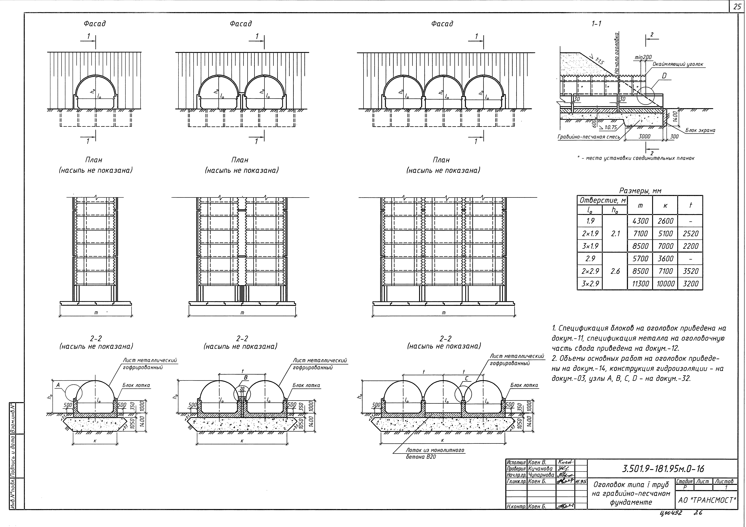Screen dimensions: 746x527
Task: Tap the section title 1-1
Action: (596, 24)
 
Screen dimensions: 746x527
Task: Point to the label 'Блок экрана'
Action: (700, 130)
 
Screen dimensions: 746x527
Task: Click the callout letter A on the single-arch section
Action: (58, 385)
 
